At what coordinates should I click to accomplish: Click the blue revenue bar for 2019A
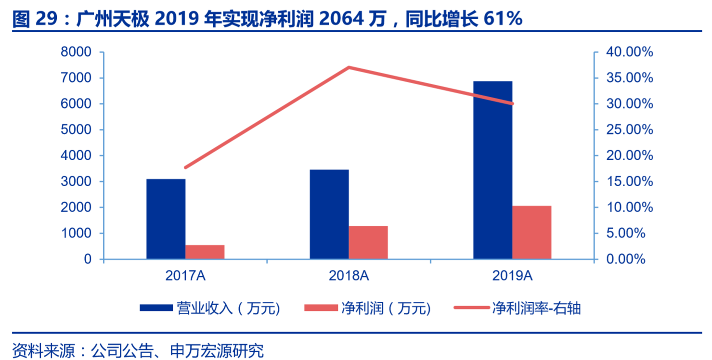pyautogui.click(x=492, y=170)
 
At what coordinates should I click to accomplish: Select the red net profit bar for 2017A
pyautogui.click(x=205, y=252)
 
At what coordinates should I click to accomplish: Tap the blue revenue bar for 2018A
pyautogui.click(x=329, y=215)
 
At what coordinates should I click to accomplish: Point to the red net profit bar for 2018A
pyautogui.click(x=368, y=243)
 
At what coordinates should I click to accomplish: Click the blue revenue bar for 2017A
pyautogui.click(x=166, y=219)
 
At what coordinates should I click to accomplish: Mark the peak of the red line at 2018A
pyautogui.click(x=349, y=67)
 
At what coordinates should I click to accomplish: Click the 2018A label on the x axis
pyautogui.click(x=349, y=276)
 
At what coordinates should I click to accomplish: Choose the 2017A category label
pyautogui.click(x=185, y=276)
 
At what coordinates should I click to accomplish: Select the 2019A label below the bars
pyautogui.click(x=512, y=276)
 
